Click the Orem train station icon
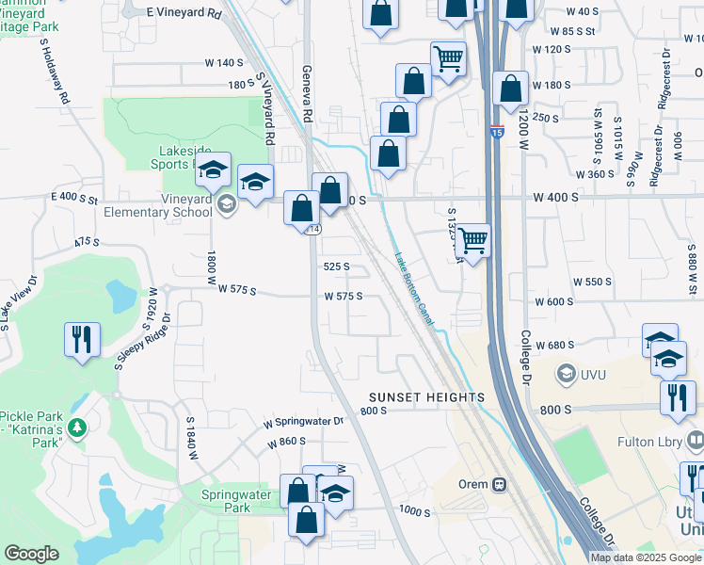[499, 485]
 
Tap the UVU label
[595, 374]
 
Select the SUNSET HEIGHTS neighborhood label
[426, 397]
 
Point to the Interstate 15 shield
[497, 132]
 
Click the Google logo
[31, 554]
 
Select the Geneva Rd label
[307, 94]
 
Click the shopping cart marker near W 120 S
[449, 59]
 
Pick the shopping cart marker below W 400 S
[472, 240]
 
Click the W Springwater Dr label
[304, 421]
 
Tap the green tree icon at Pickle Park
[78, 429]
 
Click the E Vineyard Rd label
[184, 14]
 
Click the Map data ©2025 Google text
[646, 557]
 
